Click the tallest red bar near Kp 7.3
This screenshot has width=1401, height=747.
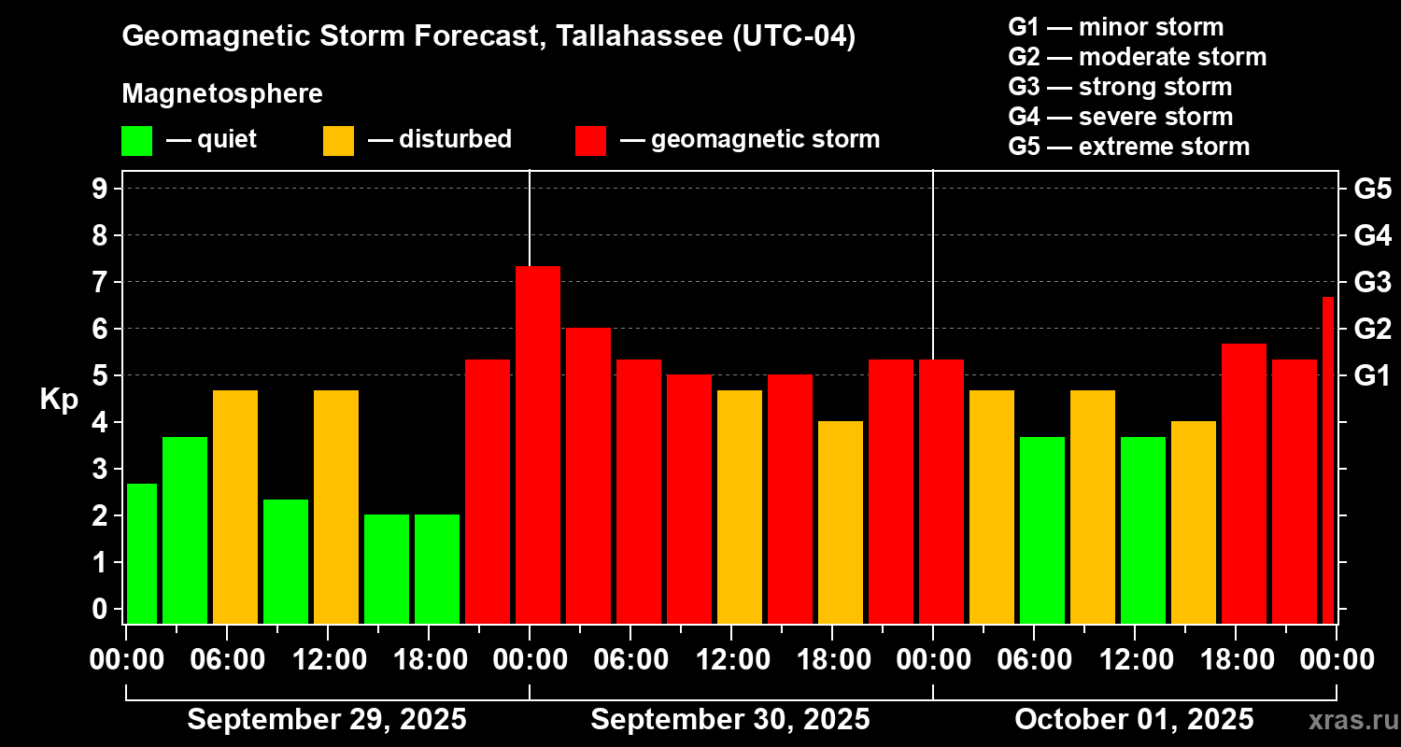click(x=538, y=444)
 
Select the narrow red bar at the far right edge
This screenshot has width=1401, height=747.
click(x=1328, y=459)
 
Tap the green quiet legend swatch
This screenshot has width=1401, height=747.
click(x=136, y=140)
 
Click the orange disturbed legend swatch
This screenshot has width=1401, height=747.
click(x=338, y=140)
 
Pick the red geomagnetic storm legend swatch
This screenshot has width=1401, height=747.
click(x=590, y=140)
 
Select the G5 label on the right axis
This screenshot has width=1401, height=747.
click(x=1372, y=189)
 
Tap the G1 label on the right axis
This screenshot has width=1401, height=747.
click(x=1372, y=376)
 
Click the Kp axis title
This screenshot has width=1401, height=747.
click(x=59, y=399)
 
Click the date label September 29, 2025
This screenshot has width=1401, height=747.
click(x=327, y=720)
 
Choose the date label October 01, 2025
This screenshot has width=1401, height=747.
click(x=1134, y=720)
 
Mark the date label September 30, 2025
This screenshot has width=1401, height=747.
click(x=730, y=720)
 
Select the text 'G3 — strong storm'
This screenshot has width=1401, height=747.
click(x=1120, y=87)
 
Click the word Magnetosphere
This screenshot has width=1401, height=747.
click(x=222, y=94)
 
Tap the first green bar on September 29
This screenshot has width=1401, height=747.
click(x=142, y=553)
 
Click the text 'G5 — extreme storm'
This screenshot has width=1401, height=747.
click(x=1128, y=147)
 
